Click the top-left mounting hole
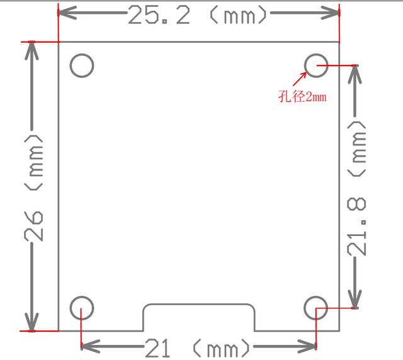click(x=82, y=65)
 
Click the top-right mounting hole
click(x=315, y=65)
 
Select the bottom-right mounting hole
click(x=315, y=308)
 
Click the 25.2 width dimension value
click(x=159, y=15)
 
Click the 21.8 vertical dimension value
click(x=357, y=225)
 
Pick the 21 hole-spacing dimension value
click(x=158, y=347)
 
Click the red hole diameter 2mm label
click(x=305, y=97)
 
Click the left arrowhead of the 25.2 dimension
click(x=65, y=13)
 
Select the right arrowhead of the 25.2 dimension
click(x=333, y=13)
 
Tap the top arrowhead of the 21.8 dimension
click(x=356, y=72)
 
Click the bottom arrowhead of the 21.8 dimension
click(x=356, y=302)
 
